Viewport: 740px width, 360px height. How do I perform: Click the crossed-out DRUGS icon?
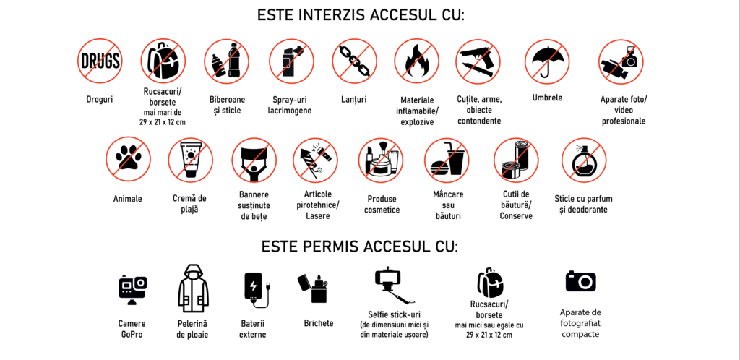(100, 61)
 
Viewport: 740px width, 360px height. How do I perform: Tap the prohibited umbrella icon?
(547, 61)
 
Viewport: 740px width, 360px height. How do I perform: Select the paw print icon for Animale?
(128, 159)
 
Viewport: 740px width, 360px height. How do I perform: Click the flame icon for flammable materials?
(416, 61)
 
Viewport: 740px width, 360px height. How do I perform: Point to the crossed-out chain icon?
(354, 61)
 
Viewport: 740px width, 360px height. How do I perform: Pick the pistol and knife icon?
(478, 61)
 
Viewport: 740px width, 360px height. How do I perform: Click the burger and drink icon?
(447, 160)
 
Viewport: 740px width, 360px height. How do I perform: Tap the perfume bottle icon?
(584, 160)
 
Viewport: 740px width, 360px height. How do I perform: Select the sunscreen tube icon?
(191, 160)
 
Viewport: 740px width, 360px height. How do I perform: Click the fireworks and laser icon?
(315, 160)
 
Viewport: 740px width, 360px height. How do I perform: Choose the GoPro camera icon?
(133, 288)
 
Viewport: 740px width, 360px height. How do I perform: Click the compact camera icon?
(581, 281)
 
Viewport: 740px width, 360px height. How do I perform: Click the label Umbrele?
(547, 98)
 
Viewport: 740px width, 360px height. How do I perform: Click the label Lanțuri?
(354, 100)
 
